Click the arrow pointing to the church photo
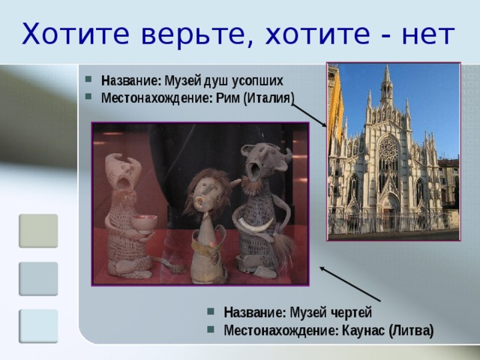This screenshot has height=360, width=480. click(x=310, y=115)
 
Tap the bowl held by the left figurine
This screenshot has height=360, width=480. click(x=145, y=221)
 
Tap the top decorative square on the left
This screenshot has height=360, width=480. click(x=38, y=231)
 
